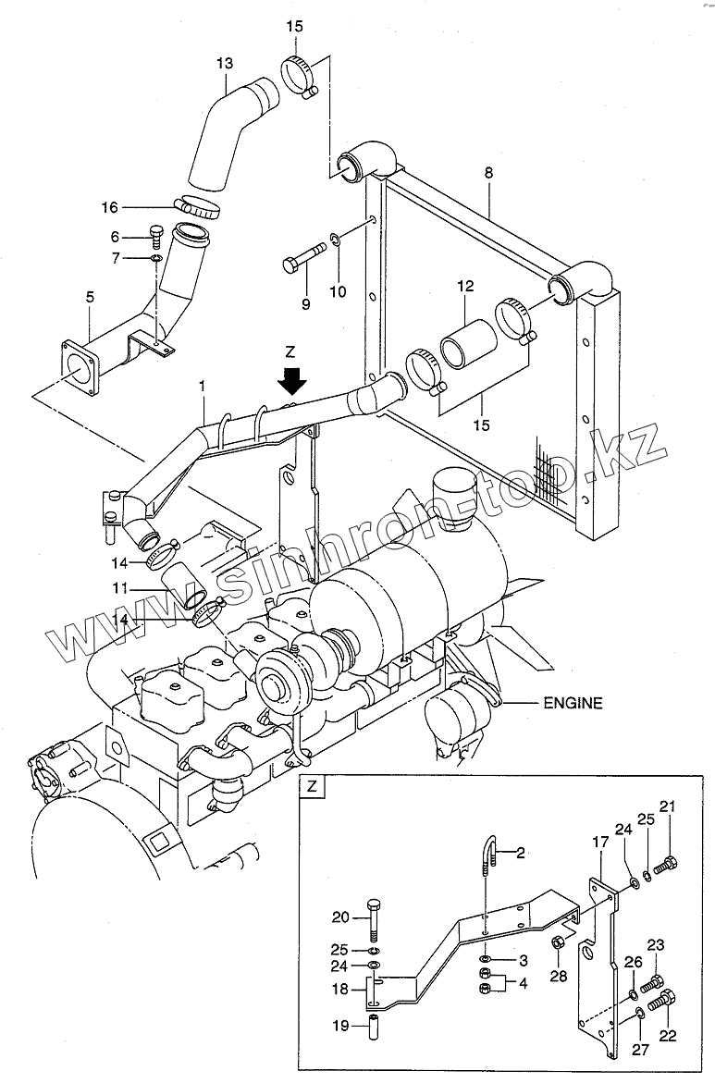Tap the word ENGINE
pos(572,703)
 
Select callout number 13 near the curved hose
pos(225,63)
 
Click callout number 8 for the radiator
pos(488,172)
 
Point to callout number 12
pos(463,288)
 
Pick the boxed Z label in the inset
pos(313,788)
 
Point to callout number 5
pos(90,297)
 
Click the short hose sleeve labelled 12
pos(467,347)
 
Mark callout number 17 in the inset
pos(600,843)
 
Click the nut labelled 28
pos(559,943)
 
